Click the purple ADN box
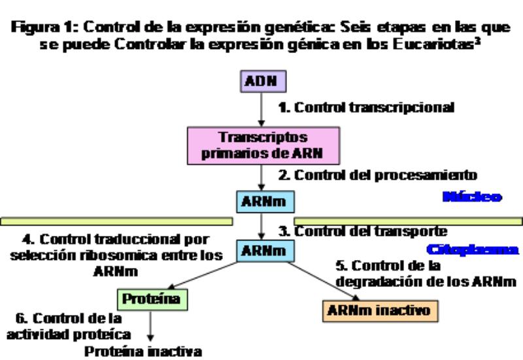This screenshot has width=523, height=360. pyautogui.click(x=261, y=82)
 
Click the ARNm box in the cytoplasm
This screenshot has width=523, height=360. pyautogui.click(x=261, y=250)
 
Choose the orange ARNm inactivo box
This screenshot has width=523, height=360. pyautogui.click(x=380, y=310)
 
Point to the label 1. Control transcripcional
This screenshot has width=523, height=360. pyautogui.click(x=366, y=107)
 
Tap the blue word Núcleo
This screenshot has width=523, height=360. pyautogui.click(x=472, y=197)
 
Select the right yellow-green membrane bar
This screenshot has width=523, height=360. pyautogui.click(x=409, y=221)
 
